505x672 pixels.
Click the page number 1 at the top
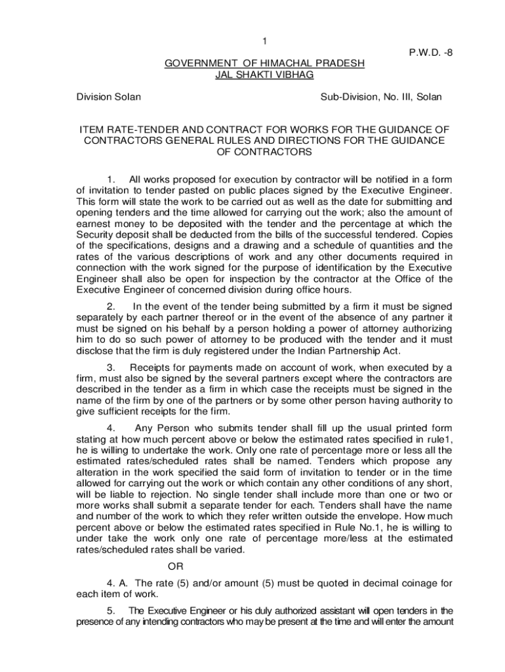point(264,42)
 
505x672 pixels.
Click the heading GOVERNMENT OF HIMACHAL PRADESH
point(264,64)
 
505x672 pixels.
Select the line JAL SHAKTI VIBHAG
point(264,75)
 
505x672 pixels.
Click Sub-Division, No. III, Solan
point(381,97)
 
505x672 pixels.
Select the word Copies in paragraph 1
point(436,234)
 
